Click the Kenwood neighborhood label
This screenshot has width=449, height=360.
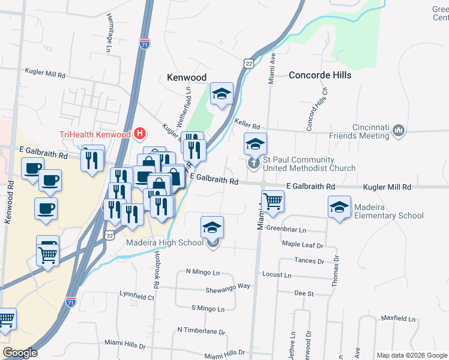[x=186, y=77]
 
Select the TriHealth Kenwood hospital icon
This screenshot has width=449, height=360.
[x=140, y=134]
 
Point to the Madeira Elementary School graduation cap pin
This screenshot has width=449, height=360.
[x=340, y=208]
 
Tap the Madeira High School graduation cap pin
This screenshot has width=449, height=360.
[x=212, y=227]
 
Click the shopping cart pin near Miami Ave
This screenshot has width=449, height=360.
[x=273, y=202]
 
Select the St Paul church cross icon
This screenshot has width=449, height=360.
[x=255, y=163]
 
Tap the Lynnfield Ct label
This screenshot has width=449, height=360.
[x=137, y=296]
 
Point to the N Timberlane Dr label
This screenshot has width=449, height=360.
[x=201, y=331]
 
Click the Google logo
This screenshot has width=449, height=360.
[x=20, y=353]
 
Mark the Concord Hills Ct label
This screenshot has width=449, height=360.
[x=317, y=110]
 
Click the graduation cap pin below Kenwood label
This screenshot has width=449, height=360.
[x=221, y=93]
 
